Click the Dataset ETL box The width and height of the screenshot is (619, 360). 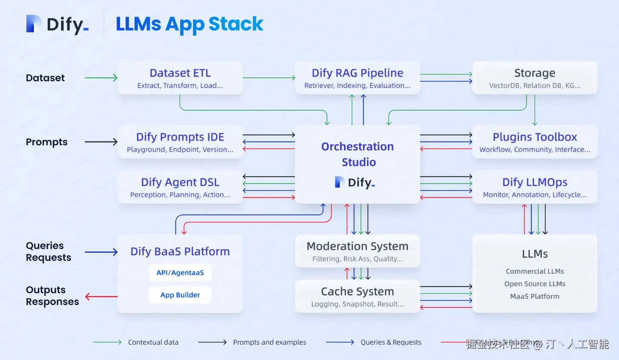[x=180, y=78]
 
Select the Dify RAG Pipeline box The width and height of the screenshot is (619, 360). [x=358, y=78]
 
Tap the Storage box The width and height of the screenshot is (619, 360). [x=535, y=78]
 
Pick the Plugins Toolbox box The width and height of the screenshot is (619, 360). [x=535, y=142]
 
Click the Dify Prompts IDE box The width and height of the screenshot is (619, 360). [x=180, y=142]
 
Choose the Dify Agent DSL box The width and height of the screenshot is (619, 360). [x=180, y=187]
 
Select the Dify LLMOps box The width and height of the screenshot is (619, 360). [x=535, y=187]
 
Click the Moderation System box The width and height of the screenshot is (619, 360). [x=358, y=251]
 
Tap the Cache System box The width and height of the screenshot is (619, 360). [x=358, y=297]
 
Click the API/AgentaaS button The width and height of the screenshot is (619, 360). [x=180, y=273]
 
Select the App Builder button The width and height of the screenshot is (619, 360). [x=180, y=295]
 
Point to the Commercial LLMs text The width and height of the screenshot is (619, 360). [x=535, y=271]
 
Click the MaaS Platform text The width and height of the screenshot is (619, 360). [x=535, y=297]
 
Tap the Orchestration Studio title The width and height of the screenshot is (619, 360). [x=358, y=154]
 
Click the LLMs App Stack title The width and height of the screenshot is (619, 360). [x=189, y=24]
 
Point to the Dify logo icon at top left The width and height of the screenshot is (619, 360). [x=34, y=24]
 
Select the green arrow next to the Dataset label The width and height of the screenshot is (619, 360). [x=101, y=78]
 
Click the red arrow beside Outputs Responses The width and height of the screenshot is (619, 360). [x=101, y=297]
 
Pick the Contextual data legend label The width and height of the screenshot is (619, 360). [x=153, y=342]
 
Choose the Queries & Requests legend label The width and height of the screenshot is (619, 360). [x=391, y=342]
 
